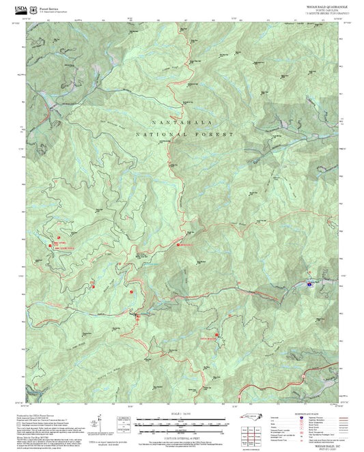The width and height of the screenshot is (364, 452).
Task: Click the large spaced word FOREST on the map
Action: tap(216, 135)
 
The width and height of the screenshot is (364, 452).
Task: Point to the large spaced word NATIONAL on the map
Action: tap(159, 135)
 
